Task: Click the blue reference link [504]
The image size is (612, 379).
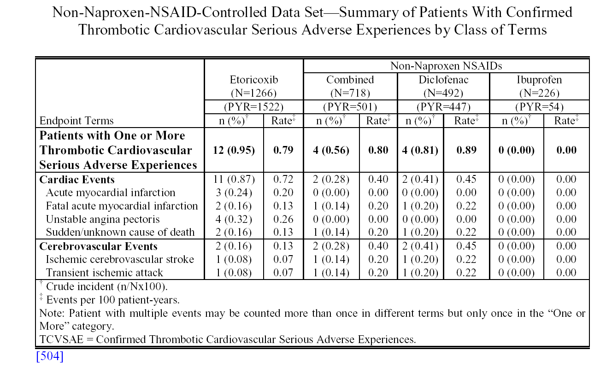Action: click(50, 356)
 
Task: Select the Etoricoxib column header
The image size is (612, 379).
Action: click(254, 80)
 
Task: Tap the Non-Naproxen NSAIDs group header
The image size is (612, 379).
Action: click(446, 66)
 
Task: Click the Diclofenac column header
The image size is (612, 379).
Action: click(443, 80)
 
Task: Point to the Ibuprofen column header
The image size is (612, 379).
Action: click(539, 80)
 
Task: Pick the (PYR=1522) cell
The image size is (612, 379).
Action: click(254, 107)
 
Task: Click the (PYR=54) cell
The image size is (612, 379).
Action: click(539, 107)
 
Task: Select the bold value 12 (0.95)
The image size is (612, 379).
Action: click(234, 150)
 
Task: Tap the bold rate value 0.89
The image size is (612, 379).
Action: click(466, 150)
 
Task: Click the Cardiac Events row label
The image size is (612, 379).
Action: click(77, 180)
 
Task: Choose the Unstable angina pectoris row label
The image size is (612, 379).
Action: click(103, 219)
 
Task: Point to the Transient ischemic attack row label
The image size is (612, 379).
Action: click(104, 273)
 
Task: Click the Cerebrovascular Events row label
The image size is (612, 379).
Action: click(98, 246)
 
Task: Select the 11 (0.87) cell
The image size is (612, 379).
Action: click(234, 179)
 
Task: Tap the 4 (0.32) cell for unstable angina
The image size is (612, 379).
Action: click(234, 219)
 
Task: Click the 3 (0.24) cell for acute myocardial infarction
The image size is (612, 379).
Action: click(234, 192)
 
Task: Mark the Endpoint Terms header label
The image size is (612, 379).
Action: click(76, 121)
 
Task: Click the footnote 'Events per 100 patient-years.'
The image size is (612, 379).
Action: click(113, 300)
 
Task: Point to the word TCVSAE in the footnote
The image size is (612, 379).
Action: click(61, 339)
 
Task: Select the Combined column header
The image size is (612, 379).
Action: click(350, 80)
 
